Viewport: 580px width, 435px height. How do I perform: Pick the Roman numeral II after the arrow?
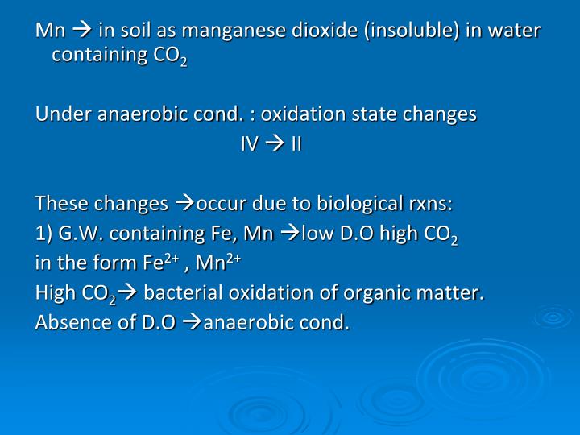click(296, 144)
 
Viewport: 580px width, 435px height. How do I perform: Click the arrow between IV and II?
click(275, 144)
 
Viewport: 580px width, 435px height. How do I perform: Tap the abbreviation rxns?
click(429, 202)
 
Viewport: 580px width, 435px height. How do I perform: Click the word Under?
click(58, 114)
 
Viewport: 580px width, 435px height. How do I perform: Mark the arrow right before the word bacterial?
click(129, 293)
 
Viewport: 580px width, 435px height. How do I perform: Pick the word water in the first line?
click(516, 31)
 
